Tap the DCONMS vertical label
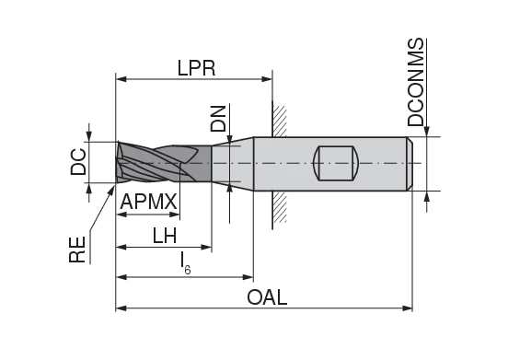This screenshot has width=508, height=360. [416, 83]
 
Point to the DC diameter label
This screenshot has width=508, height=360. [79, 161]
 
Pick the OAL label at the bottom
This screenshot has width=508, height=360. [268, 297]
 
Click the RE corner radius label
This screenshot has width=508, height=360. [78, 249]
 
